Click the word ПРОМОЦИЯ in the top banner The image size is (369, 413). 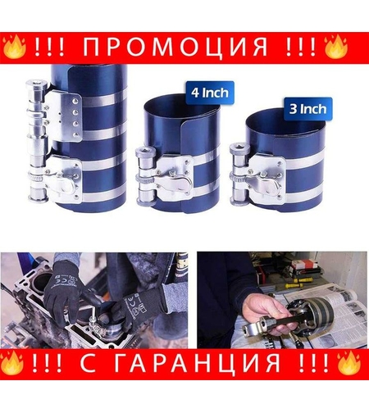[x=184, y=48]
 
